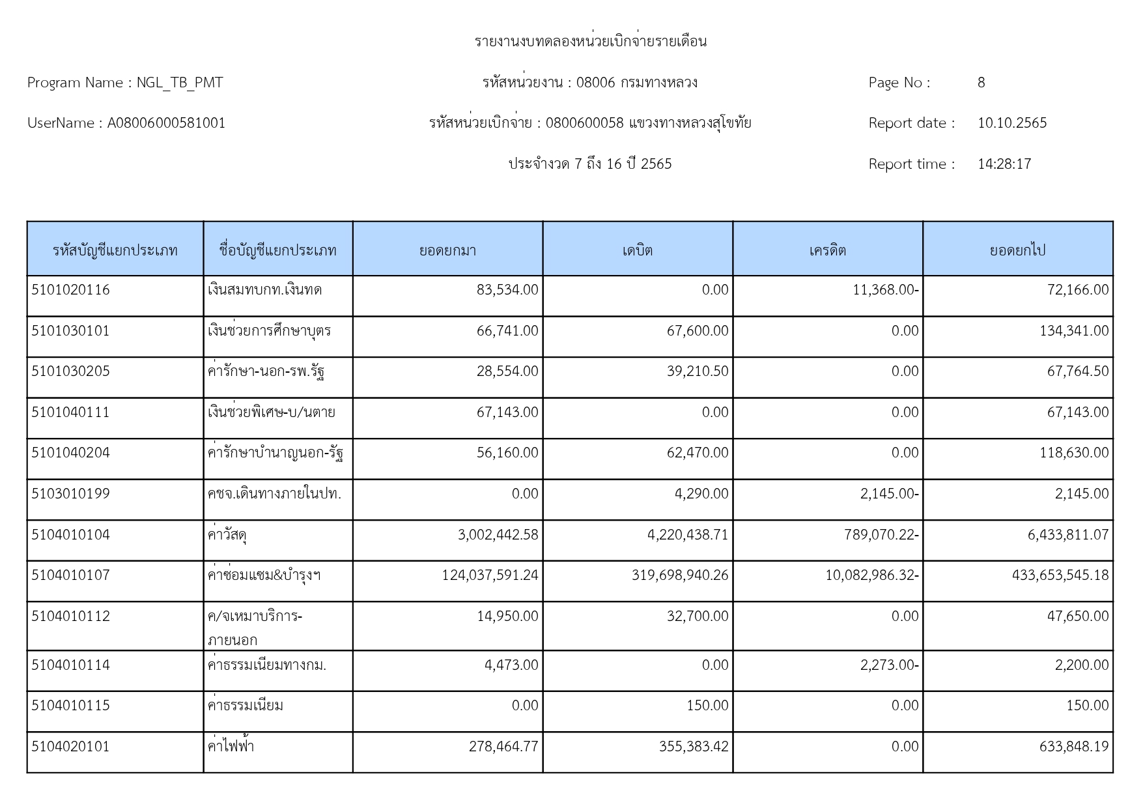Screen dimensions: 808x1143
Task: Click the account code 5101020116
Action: pyautogui.click(x=70, y=290)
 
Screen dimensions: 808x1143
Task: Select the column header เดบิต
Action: pyautogui.click(x=637, y=250)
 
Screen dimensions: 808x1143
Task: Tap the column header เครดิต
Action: pyautogui.click(x=827, y=250)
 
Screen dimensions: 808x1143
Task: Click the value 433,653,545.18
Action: pyautogui.click(x=1060, y=575)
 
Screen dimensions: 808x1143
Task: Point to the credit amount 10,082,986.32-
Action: pyautogui.click(x=871, y=575)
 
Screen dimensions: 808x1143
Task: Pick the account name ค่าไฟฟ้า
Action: pyautogui.click(x=231, y=747)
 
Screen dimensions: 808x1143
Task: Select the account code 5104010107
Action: pyautogui.click(x=70, y=575)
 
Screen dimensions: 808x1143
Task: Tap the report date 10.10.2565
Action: pyautogui.click(x=1011, y=123)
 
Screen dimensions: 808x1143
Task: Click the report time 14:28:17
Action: pyautogui.click(x=1004, y=164)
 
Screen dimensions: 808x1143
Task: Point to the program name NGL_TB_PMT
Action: pyautogui.click(x=179, y=83)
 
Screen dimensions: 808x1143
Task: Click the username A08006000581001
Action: pyautogui.click(x=166, y=123)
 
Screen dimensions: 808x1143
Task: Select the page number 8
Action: pyautogui.click(x=981, y=83)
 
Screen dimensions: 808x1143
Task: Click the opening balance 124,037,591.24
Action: pyautogui.click(x=490, y=575)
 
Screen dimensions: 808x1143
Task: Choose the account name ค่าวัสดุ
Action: pyautogui.click(x=227, y=535)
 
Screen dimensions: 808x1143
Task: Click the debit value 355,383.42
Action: pyautogui.click(x=693, y=747)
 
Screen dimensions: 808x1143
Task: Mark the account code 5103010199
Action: pyautogui.click(x=70, y=494)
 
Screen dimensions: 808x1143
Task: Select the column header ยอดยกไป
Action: pyautogui.click(x=1017, y=250)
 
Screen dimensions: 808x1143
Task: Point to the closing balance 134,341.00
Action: pyautogui.click(x=1073, y=331)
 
